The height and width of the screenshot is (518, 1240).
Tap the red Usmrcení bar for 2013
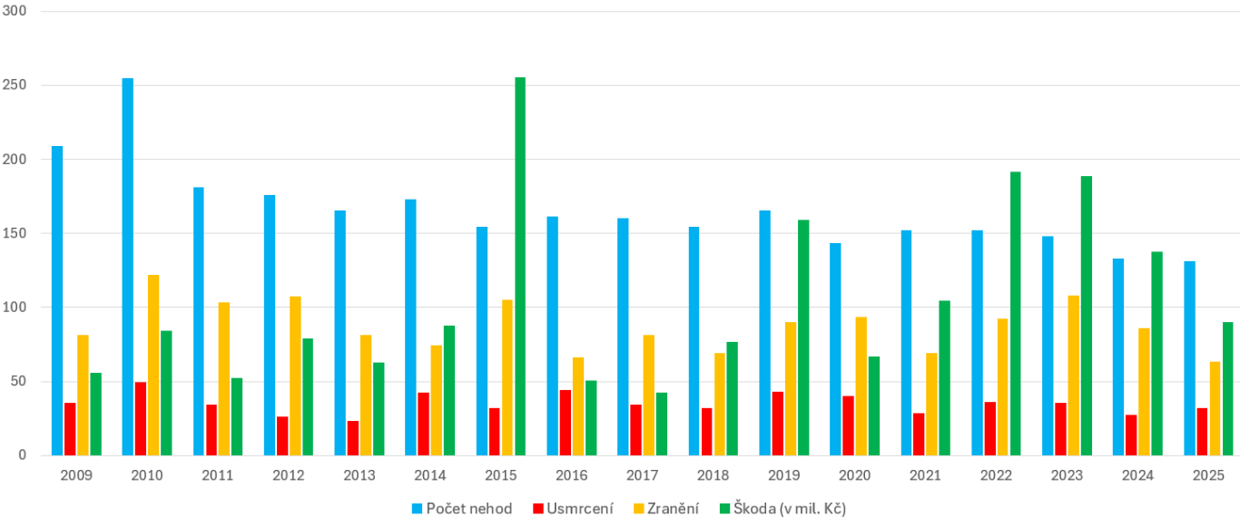click(353, 437)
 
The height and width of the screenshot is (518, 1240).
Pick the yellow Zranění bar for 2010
click(153, 365)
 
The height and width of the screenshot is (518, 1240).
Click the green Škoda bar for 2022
click(1015, 313)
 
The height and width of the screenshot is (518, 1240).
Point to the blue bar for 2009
click(57, 300)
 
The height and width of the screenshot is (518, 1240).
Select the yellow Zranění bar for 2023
click(1073, 375)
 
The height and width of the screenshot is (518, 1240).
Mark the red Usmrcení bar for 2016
click(566, 423)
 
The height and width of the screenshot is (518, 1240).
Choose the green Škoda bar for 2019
click(803, 337)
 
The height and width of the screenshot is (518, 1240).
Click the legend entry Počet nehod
click(461, 508)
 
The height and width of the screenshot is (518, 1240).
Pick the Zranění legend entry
click(668, 508)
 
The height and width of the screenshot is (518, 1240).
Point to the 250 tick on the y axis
click(15, 85)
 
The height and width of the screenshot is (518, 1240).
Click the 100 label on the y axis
click(15, 308)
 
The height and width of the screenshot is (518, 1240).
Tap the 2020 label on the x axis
click(855, 474)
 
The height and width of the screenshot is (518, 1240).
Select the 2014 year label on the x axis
click(430, 474)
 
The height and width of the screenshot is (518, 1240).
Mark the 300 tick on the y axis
click(15, 12)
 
